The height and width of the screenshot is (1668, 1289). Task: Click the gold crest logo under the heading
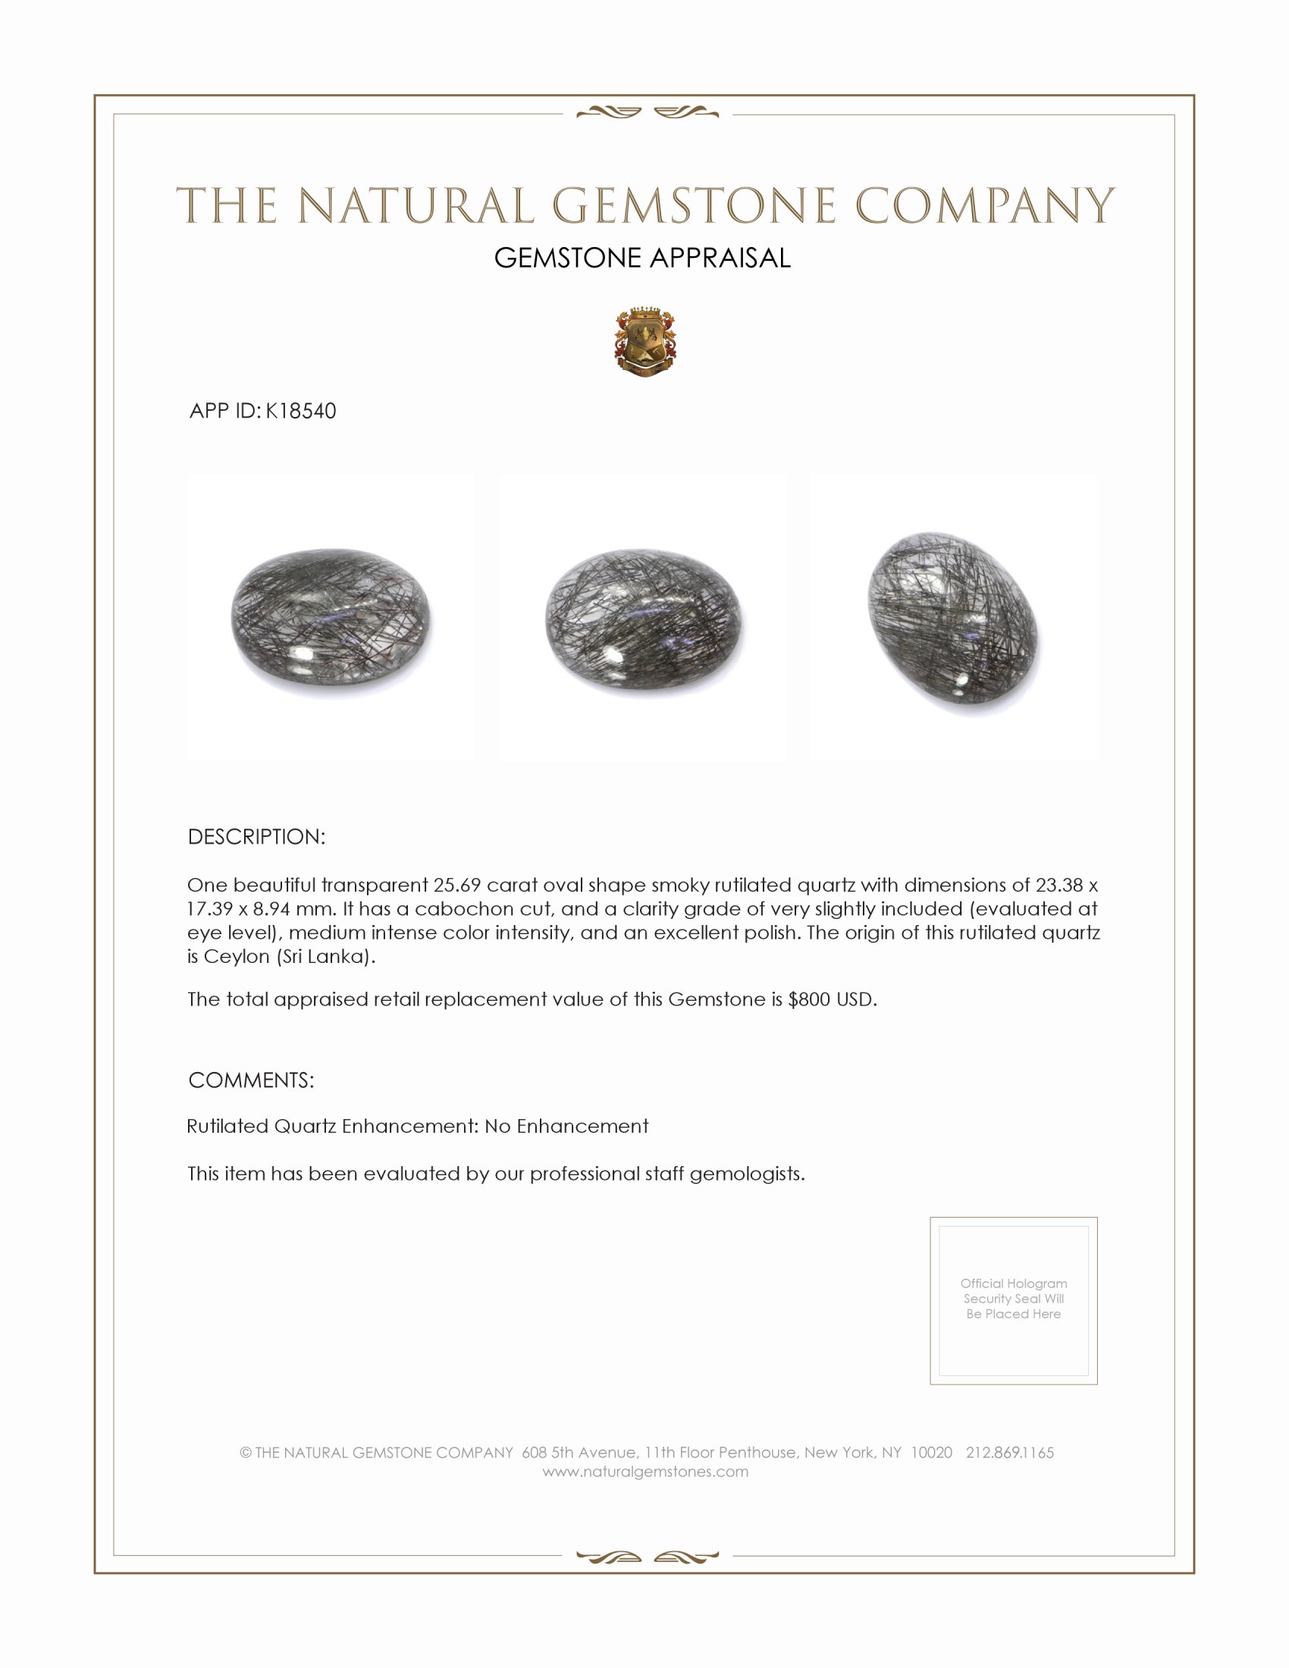point(644,343)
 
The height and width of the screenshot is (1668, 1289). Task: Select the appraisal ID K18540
point(301,411)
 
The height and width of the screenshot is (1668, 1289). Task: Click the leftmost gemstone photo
point(331,617)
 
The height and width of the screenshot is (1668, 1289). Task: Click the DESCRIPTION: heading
point(256,837)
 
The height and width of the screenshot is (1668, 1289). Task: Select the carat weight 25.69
point(456,885)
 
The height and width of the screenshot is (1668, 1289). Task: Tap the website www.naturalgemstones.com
point(645,1472)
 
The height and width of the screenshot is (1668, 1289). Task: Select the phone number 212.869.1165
point(1009,1453)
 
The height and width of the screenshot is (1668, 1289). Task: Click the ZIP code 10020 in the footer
point(931,1453)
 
